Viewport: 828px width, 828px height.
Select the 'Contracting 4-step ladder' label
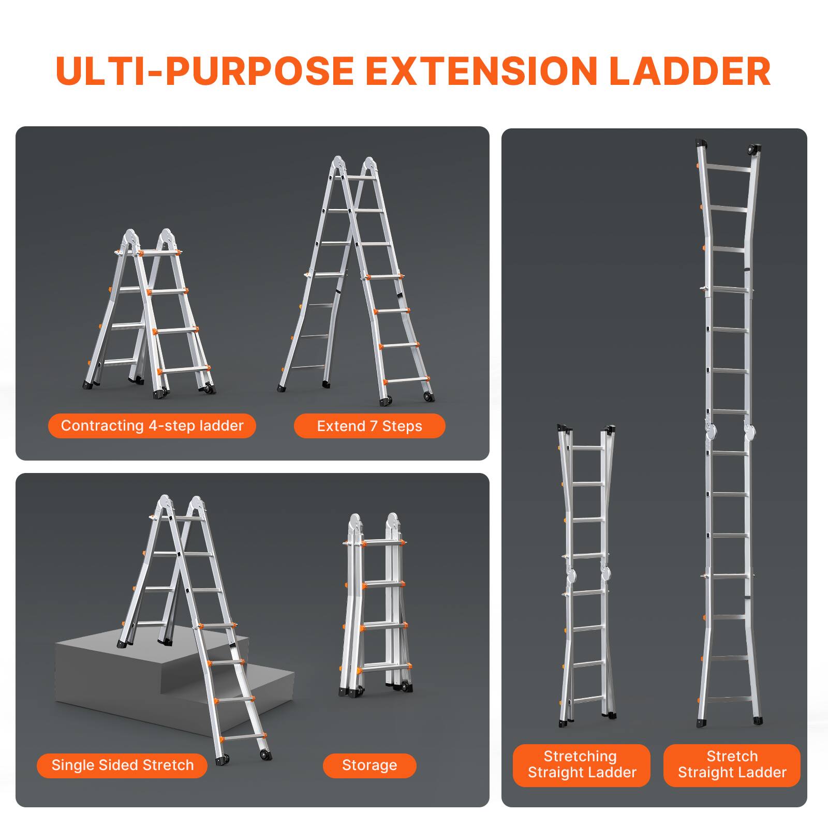(152, 426)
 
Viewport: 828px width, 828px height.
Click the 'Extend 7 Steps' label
(369, 426)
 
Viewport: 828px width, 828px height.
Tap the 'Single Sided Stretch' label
(123, 765)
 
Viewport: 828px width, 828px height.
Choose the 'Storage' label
(369, 765)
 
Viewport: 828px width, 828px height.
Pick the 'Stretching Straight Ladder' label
(582, 764)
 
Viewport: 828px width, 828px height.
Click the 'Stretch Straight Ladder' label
(732, 764)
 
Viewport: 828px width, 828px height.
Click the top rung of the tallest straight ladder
(728, 169)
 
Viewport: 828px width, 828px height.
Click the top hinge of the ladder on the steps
(181, 505)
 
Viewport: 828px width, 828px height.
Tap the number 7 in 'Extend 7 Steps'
(374, 426)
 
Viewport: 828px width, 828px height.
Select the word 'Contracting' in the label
(102, 426)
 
